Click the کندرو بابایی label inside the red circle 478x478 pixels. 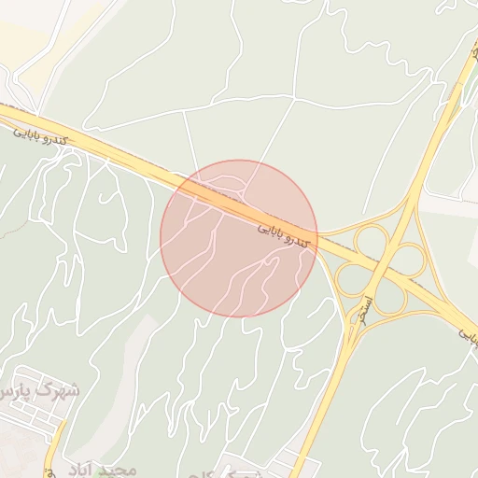[281, 233]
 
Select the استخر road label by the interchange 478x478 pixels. [370, 307]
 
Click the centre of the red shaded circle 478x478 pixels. [239, 238]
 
